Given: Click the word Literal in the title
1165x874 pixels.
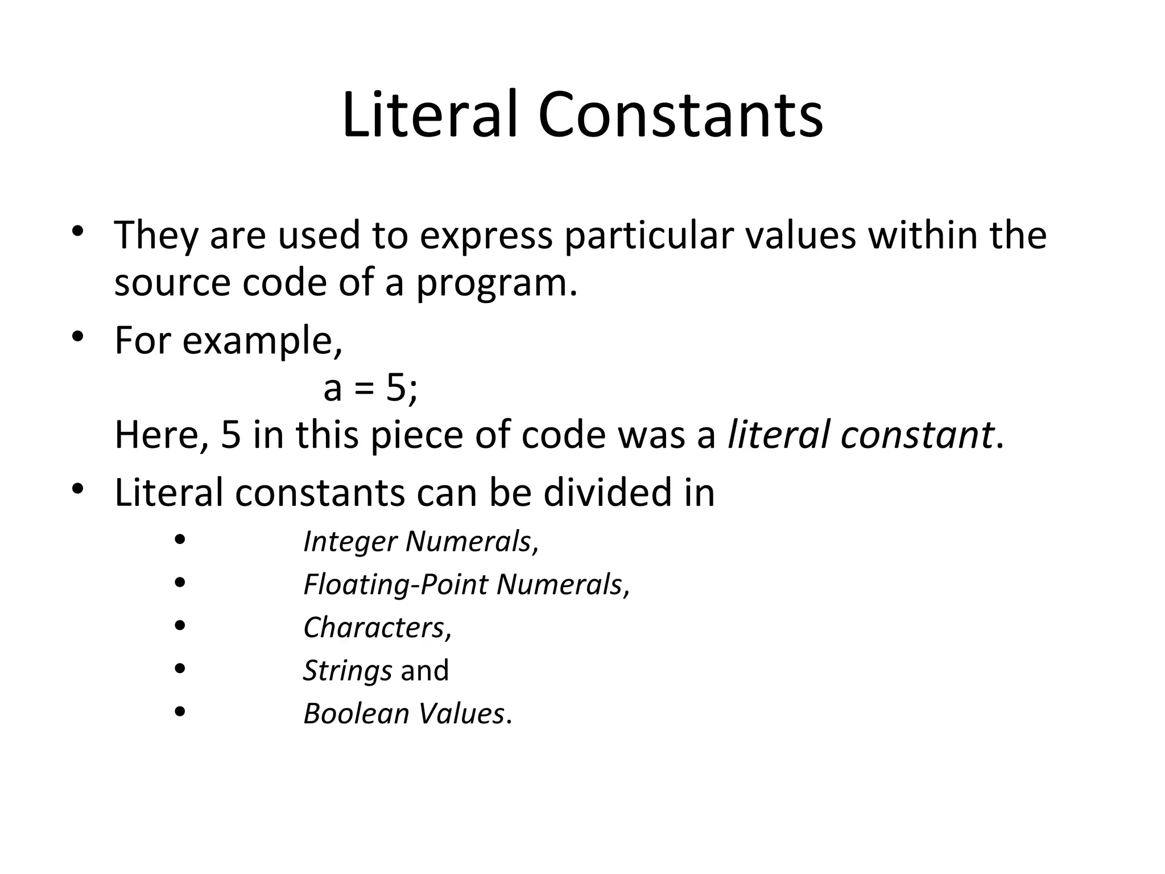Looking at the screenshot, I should coord(430,115).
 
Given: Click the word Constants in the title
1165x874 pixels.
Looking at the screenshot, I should coord(680,115).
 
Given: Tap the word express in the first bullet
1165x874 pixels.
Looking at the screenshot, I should coord(486,235).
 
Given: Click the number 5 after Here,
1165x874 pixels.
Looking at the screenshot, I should coord(231,435).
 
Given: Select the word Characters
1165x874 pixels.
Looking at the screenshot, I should coord(374,628).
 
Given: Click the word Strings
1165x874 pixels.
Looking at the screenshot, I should coord(347,671).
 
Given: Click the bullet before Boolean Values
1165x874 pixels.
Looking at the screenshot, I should coord(180,712).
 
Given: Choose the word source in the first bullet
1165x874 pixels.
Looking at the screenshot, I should coord(172,284).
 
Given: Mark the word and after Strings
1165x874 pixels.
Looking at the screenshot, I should coord(425,671).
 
